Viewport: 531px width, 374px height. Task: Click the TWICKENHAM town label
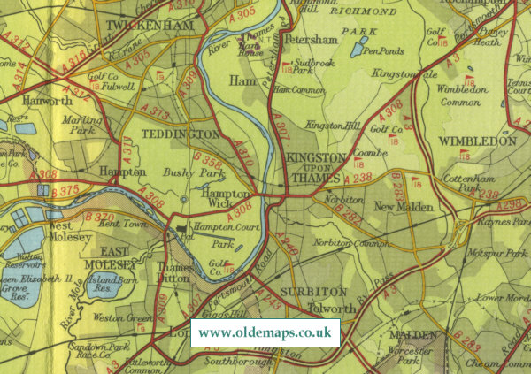[149, 27]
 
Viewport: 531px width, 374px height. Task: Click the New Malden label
[403, 207]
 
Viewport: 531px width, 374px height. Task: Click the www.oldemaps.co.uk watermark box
[265, 333]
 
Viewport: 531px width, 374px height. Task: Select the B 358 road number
[209, 161]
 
